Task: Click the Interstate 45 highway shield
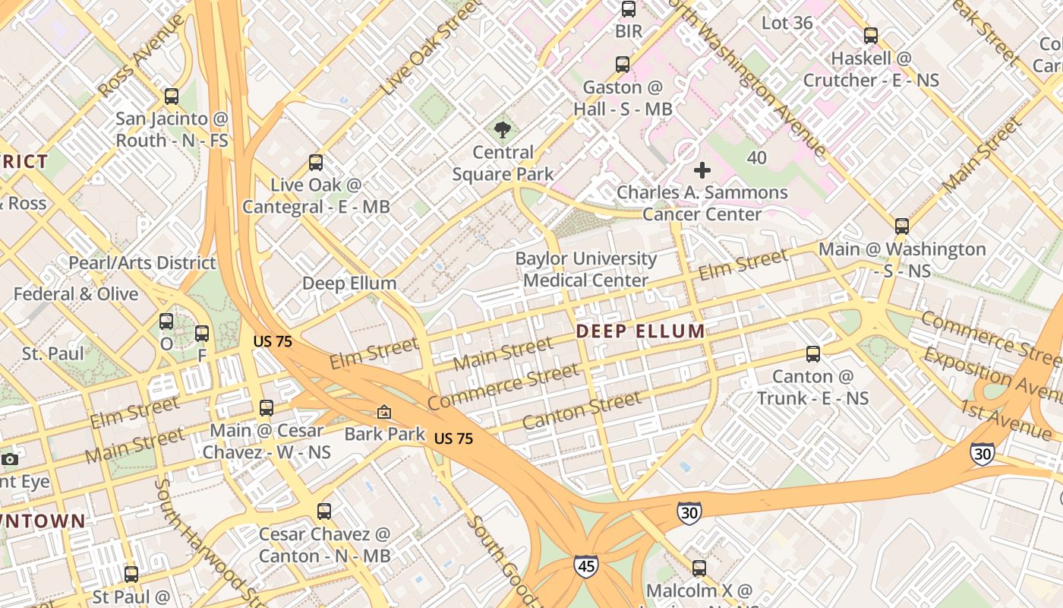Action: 585,566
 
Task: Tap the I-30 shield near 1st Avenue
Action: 982,454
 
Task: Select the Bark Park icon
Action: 384,412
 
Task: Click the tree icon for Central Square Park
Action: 502,130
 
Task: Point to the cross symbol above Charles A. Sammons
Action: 702,170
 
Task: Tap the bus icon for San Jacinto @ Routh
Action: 172,97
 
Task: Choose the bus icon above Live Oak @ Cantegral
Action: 315,163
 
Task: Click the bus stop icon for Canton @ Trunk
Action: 812,354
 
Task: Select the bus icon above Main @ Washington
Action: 901,226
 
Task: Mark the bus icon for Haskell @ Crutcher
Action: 871,36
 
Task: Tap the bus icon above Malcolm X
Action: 699,568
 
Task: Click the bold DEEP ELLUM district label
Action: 640,331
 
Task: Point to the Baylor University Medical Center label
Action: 585,269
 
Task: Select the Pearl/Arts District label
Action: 142,263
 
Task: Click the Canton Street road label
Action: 581,412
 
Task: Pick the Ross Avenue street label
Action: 141,55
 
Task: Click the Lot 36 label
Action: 787,23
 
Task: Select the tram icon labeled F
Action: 202,334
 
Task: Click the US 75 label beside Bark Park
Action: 454,439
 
